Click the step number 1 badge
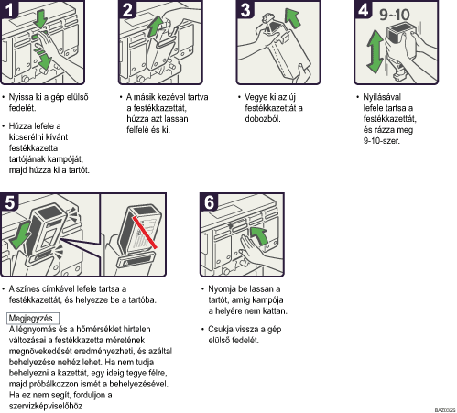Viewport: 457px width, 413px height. [9, 9]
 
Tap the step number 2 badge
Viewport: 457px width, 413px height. [127, 9]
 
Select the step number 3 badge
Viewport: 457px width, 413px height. [245, 9]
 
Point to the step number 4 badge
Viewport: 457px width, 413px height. [363, 9]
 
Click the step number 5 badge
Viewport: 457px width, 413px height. [9, 201]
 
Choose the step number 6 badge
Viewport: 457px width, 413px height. [209, 201]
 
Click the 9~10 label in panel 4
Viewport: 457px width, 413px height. [395, 15]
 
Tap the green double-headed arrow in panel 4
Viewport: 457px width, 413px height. [375, 51]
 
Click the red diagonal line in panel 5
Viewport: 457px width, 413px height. [145, 233]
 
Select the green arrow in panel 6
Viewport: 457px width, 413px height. [259, 235]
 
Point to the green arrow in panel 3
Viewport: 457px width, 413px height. [293, 17]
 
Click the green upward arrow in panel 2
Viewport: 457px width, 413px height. [156, 27]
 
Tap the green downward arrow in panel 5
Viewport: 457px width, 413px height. [20, 236]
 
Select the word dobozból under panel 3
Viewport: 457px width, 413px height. [263, 119]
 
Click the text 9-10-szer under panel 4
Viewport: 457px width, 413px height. [381, 141]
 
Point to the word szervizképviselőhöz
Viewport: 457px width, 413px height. [46, 406]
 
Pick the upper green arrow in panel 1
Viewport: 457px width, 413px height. [40, 18]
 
